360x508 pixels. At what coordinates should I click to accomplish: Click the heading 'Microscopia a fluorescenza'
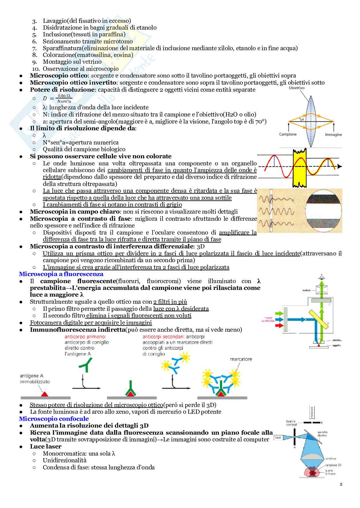[61, 274]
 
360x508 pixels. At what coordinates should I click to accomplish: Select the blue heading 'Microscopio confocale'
[54, 419]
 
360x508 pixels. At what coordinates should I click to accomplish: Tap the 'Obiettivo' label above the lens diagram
[297, 88]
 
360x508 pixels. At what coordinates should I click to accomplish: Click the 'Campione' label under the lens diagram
[288, 134]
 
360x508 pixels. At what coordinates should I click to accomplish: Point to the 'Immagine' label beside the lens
[333, 134]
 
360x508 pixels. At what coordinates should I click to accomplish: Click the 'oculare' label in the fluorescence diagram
[306, 290]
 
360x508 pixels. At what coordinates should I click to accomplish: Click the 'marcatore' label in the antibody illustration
[241, 359]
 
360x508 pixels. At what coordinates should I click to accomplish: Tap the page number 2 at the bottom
[341, 484]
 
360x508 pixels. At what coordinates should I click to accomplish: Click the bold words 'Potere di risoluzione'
[62, 90]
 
